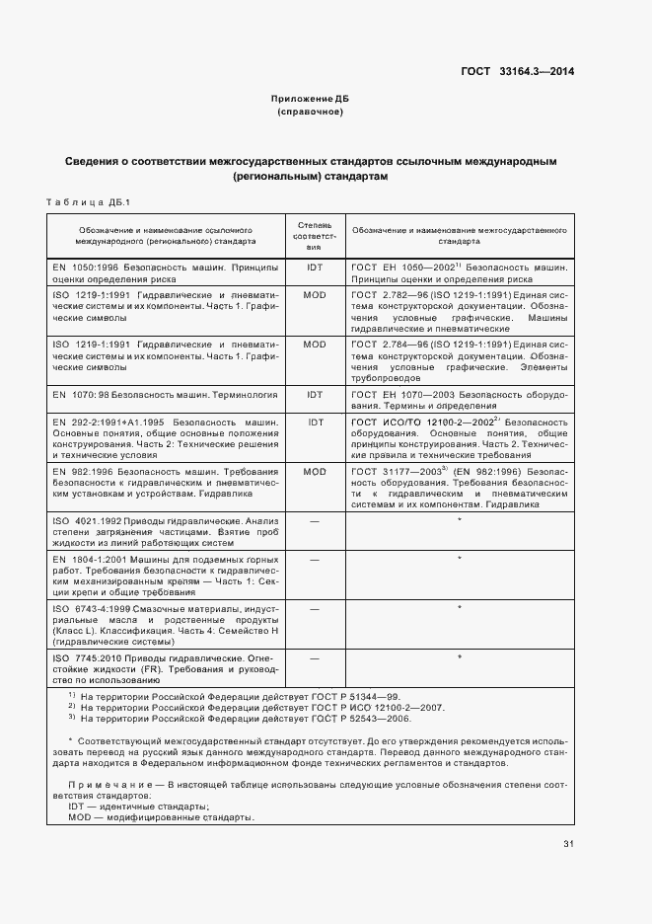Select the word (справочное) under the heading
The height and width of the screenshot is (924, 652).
tap(310, 113)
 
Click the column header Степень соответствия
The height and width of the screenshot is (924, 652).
tap(315, 234)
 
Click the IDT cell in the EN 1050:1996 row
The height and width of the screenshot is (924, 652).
tap(315, 268)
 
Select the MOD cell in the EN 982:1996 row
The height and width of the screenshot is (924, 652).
tap(315, 472)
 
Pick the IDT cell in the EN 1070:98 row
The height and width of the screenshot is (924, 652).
tap(315, 394)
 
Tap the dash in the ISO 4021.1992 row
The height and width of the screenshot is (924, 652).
tap(315, 520)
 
